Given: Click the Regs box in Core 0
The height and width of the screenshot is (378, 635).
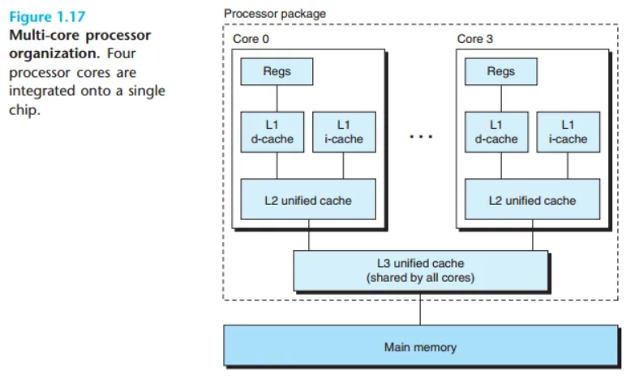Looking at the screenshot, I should click(277, 72).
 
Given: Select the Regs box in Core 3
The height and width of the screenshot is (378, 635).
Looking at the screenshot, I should click(500, 72).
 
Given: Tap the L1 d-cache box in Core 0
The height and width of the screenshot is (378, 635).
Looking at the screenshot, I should click(272, 132).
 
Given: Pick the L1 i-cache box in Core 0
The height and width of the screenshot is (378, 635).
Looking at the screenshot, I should click(343, 132).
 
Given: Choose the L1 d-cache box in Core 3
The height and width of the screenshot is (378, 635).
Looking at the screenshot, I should click(496, 132).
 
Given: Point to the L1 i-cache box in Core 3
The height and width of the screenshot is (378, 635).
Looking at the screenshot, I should click(567, 132).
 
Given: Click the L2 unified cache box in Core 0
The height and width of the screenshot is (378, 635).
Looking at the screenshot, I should click(308, 200).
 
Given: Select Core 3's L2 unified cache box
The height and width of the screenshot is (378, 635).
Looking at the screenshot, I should click(532, 200).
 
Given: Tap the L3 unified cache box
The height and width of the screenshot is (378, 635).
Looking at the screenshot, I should click(420, 270).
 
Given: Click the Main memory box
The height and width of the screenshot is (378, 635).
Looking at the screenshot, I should click(420, 347).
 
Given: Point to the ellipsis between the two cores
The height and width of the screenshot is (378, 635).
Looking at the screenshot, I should click(421, 136).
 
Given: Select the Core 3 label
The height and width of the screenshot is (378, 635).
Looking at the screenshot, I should click(474, 39).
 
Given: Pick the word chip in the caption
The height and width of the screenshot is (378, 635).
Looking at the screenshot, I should click(24, 109).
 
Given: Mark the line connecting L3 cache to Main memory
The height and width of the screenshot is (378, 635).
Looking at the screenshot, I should click(420, 310).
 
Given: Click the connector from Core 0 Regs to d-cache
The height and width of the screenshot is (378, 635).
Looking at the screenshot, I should click(277, 98).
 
